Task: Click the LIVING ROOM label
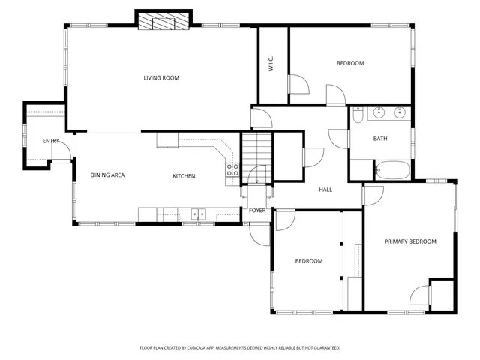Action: coord(161,78)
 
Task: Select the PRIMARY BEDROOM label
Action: coord(410,241)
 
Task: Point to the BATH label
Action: coord(380,139)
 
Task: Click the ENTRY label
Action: coord(51,141)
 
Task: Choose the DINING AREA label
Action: coord(107,175)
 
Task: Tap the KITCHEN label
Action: coord(184,176)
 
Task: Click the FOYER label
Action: coord(257,211)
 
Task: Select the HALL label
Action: coord(325,190)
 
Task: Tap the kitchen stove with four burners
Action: coord(232,170)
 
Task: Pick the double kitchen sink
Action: coord(198,214)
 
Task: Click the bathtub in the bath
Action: coord(391,170)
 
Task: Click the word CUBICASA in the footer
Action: coord(206,348)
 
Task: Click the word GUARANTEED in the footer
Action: coord(324,348)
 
